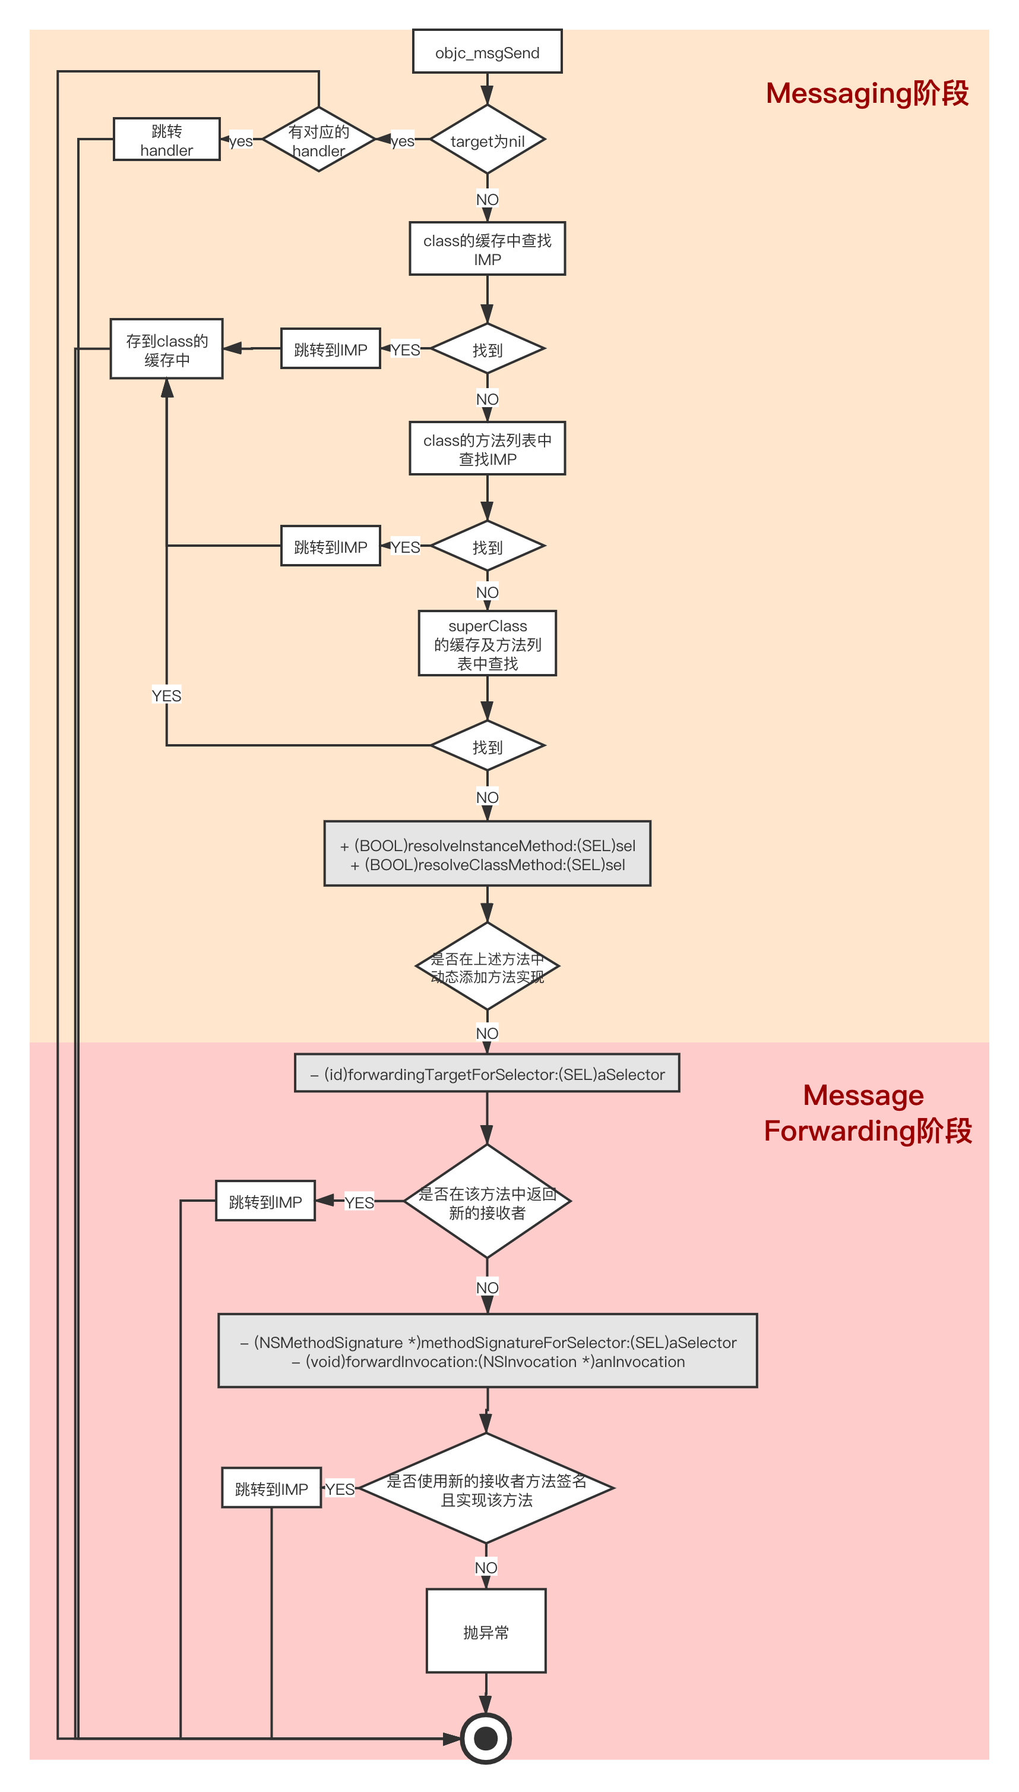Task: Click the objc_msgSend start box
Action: (x=487, y=51)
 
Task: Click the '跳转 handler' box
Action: (x=166, y=139)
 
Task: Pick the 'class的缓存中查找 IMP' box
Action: (x=487, y=248)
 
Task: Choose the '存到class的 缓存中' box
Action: (x=166, y=349)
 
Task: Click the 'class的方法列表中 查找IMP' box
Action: (x=487, y=448)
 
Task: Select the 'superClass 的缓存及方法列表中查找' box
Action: (x=487, y=643)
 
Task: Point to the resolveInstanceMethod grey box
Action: (x=487, y=854)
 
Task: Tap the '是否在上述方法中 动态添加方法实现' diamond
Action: (x=487, y=966)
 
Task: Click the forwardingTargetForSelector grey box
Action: (x=487, y=1073)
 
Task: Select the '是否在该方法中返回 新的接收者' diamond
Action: (x=487, y=1201)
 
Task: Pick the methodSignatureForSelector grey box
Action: (x=487, y=1350)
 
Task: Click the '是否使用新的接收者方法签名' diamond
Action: (x=486, y=1488)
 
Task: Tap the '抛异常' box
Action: (x=486, y=1631)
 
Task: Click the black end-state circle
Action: (x=486, y=1738)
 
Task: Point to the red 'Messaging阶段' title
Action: (x=867, y=93)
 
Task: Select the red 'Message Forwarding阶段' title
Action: (x=868, y=1113)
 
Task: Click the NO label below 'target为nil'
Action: (x=487, y=200)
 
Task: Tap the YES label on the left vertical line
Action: (x=166, y=695)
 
